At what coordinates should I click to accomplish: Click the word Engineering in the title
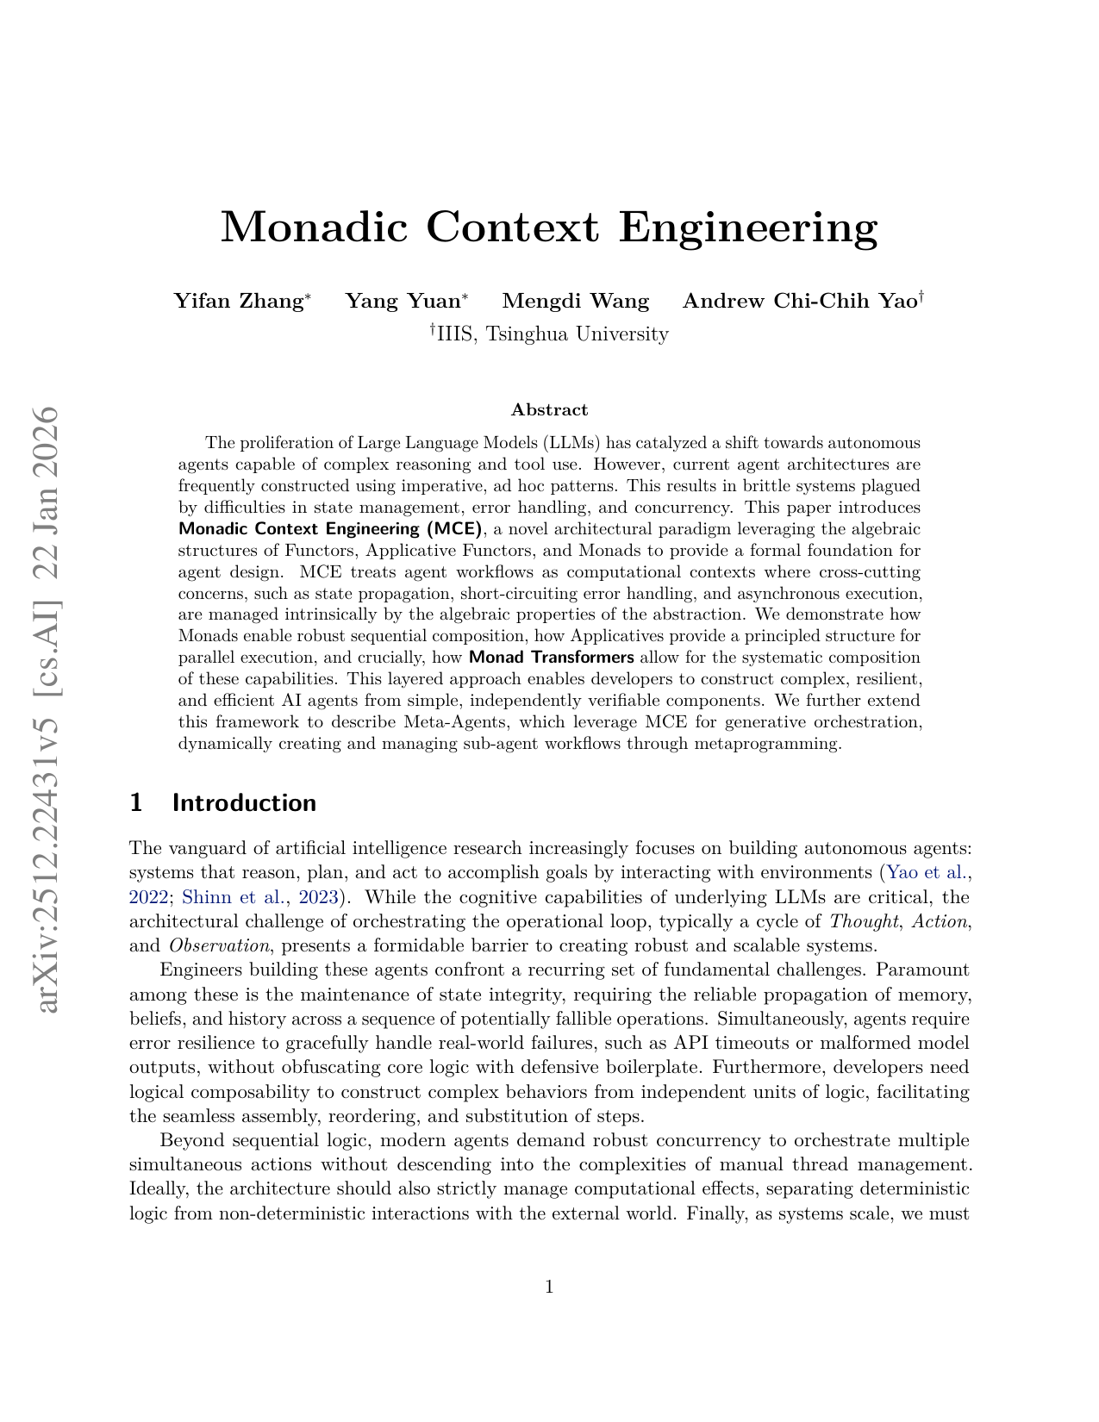pyautogui.click(x=748, y=227)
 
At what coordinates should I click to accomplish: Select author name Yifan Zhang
pyautogui.click(x=238, y=301)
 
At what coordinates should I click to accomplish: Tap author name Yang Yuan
pyautogui.click(x=403, y=301)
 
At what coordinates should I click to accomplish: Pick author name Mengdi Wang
pyautogui.click(x=575, y=301)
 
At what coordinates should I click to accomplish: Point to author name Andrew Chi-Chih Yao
pyautogui.click(x=799, y=301)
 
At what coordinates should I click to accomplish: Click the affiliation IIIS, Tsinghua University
pyautogui.click(x=552, y=334)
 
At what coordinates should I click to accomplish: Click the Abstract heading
pyautogui.click(x=549, y=409)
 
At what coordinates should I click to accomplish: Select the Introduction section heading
pyautogui.click(x=244, y=803)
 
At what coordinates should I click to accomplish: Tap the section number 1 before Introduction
pyautogui.click(x=135, y=803)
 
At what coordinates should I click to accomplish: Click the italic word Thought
pyautogui.click(x=865, y=921)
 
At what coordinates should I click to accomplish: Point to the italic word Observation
pyautogui.click(x=219, y=945)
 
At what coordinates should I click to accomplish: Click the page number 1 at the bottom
pyautogui.click(x=549, y=1288)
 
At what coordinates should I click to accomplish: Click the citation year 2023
pyautogui.click(x=317, y=897)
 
